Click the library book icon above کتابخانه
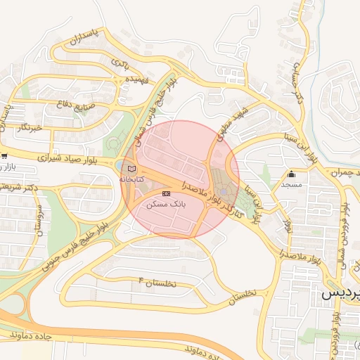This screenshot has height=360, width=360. tap(130, 169)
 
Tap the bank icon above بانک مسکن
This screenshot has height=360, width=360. tap(166, 193)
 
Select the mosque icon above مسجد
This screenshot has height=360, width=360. tap(291, 174)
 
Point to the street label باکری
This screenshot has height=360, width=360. tap(120, 64)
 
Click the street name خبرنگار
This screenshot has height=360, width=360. tap(32, 127)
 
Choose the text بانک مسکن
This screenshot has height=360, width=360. tap(166, 203)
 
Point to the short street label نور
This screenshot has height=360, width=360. tap(287, 226)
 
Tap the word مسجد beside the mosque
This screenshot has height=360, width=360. tap(291, 184)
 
